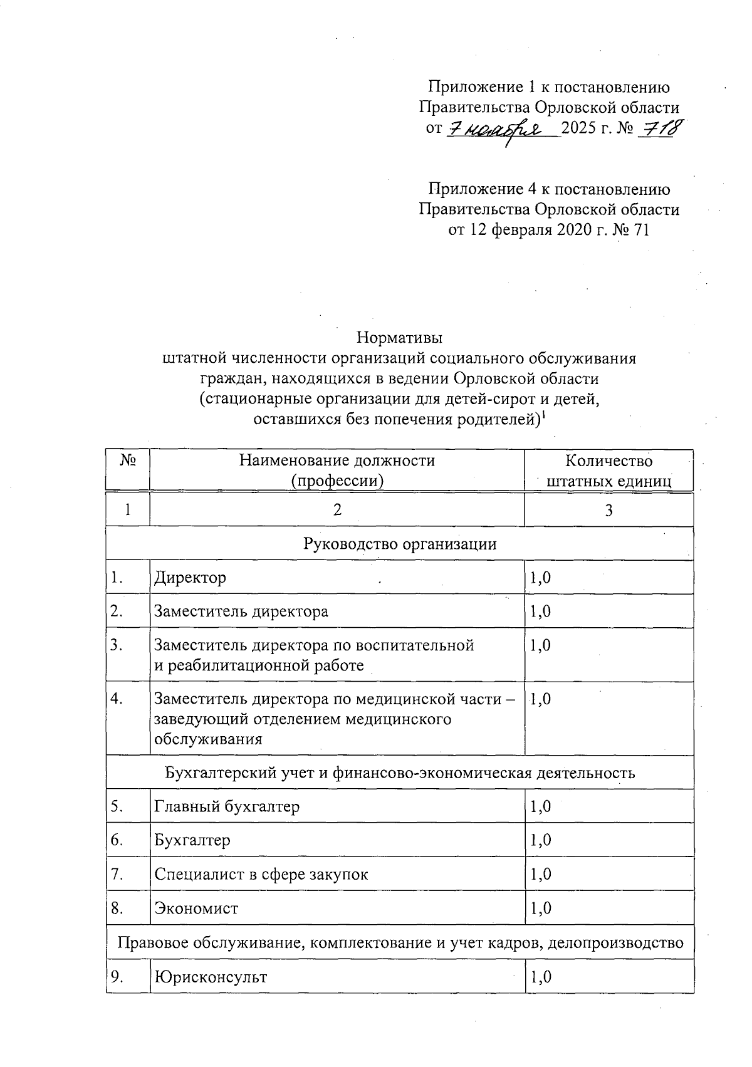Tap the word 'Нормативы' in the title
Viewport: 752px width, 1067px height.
(x=400, y=338)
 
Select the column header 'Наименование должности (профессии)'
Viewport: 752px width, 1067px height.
(x=337, y=471)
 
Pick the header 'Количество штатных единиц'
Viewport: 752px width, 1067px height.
(x=608, y=471)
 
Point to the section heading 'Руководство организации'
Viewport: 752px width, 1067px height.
(x=400, y=543)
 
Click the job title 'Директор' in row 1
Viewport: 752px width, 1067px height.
(x=191, y=577)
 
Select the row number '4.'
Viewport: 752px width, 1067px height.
(x=117, y=699)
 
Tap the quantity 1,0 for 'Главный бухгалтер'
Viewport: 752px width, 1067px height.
(x=540, y=806)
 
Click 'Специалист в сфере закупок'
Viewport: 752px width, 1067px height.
(x=261, y=874)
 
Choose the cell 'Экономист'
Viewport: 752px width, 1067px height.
(x=196, y=908)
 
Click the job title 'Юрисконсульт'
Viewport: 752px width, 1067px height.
(x=211, y=977)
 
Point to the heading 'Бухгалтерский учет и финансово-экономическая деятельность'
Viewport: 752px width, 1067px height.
(x=400, y=773)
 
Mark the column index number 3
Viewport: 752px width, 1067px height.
(x=608, y=510)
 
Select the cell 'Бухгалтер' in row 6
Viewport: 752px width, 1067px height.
(x=192, y=840)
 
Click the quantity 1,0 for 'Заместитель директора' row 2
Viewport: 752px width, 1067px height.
(x=540, y=611)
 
